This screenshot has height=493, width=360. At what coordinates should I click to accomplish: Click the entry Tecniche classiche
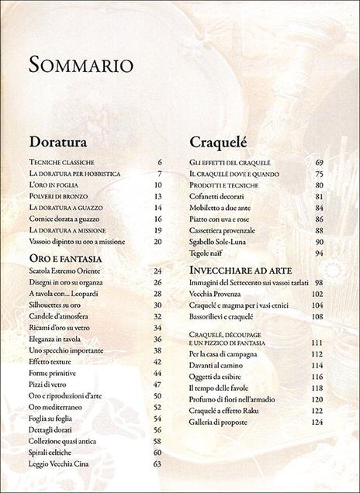coord(61,162)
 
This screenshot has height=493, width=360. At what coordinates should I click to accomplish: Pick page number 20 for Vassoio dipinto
coord(157,242)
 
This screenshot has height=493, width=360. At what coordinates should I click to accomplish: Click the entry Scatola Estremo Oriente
coord(71,271)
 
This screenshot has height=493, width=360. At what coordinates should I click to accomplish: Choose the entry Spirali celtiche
coord(56,452)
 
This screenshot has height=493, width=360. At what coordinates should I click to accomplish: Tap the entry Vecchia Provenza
coord(220,295)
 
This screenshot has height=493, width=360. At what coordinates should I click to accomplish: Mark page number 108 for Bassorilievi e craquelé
coord(317,317)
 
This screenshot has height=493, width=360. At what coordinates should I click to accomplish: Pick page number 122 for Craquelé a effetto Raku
coord(317,411)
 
